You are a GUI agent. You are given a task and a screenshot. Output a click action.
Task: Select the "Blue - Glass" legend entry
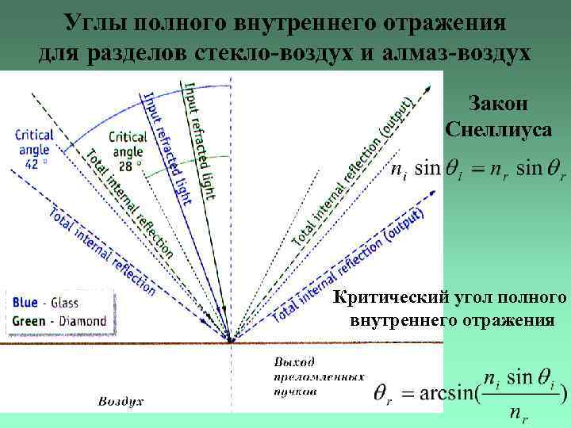point(45,302)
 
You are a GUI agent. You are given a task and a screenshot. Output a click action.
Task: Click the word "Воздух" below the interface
point(121,401)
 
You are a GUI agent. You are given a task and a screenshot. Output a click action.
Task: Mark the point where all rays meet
point(231,341)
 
